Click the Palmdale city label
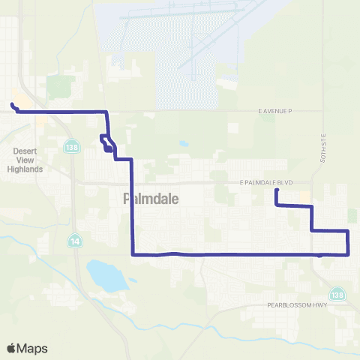pos(148,199)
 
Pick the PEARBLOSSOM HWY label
pos(298,306)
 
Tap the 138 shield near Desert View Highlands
pos(70,143)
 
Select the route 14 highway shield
pos(75,241)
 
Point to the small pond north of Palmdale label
pos(184,144)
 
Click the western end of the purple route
pos(12,104)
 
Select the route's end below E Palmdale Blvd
pos(277,190)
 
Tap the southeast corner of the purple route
pos(349,254)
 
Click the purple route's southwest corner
pos(133,255)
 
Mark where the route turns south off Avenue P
pos(107,112)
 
